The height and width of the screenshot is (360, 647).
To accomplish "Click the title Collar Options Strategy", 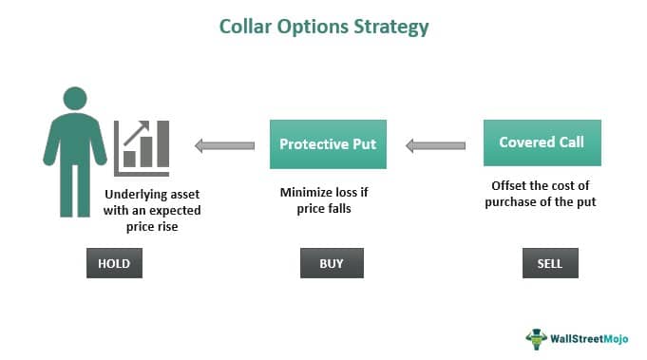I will tap(323, 27).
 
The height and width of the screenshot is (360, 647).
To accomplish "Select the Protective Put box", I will tap(328, 144).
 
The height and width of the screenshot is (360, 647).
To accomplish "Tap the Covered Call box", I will tap(542, 142).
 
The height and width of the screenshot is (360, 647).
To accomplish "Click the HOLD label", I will tap(115, 262).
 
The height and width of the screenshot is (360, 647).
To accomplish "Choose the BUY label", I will tap(332, 262).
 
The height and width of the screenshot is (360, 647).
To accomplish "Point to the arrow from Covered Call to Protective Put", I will tap(436, 145).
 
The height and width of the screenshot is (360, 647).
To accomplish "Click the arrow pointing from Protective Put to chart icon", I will tap(224, 145).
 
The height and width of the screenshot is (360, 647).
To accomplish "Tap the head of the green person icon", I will tap(77, 99).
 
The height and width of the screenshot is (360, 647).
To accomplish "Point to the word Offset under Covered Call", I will tap(511, 185).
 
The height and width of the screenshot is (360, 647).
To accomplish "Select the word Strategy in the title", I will tap(389, 27).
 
